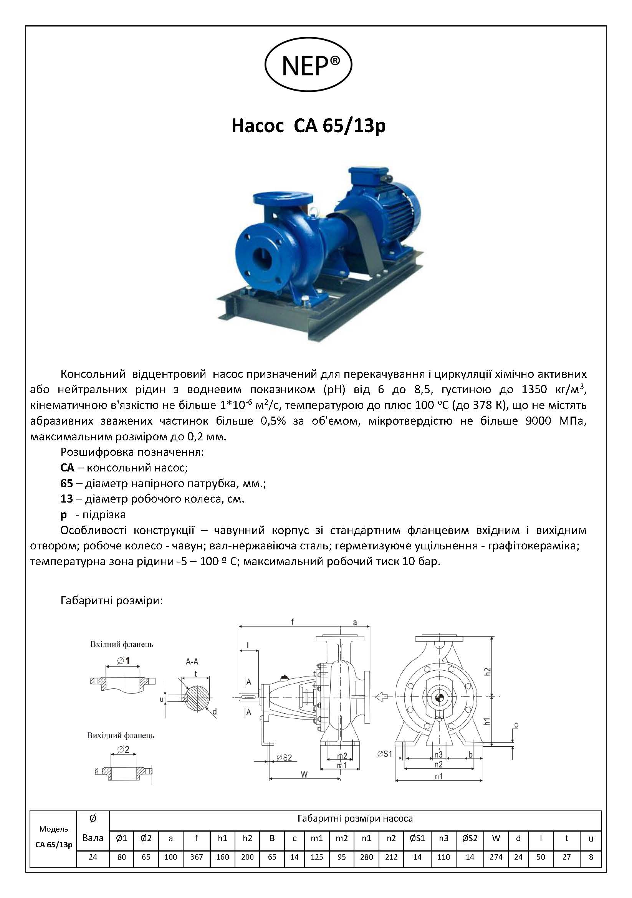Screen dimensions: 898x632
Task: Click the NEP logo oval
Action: (309, 65)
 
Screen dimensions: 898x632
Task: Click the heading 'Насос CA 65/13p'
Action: (309, 127)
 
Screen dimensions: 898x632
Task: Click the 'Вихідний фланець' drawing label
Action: (121, 735)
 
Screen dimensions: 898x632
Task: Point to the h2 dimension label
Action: (487, 670)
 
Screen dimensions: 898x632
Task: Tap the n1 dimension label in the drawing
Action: (439, 776)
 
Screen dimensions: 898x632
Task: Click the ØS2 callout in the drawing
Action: (284, 757)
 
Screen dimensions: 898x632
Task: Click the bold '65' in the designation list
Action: (66, 483)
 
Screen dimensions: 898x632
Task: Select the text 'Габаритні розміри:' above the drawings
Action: (111, 600)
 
